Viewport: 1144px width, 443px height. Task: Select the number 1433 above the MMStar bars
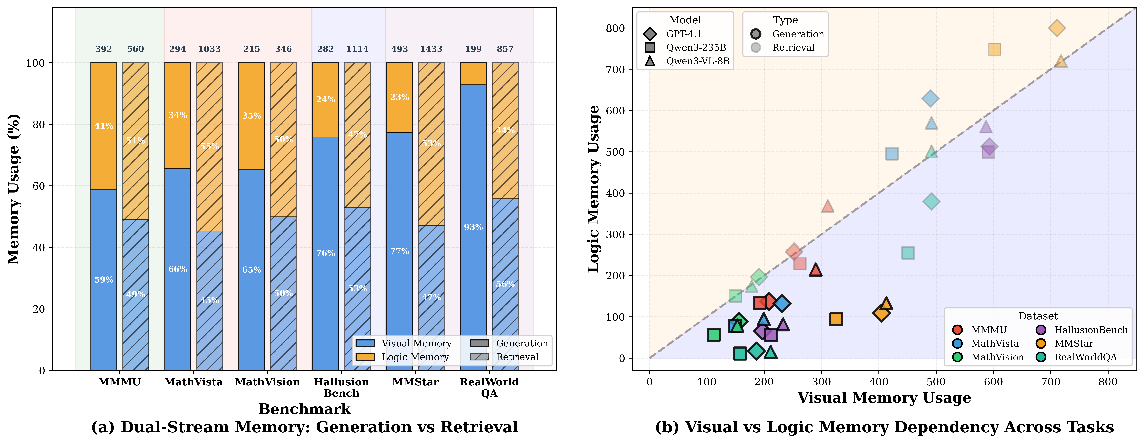(431, 49)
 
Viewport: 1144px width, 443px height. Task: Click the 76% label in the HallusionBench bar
(325, 253)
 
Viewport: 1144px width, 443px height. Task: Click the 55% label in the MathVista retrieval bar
(209, 146)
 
